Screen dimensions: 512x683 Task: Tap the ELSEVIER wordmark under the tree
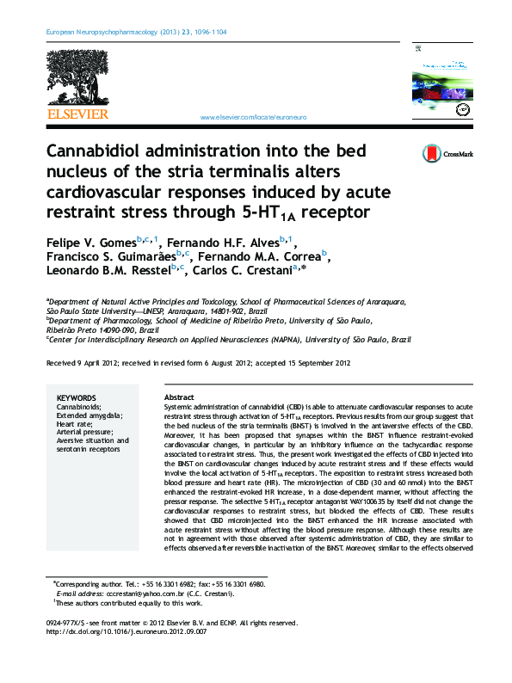point(77,114)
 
